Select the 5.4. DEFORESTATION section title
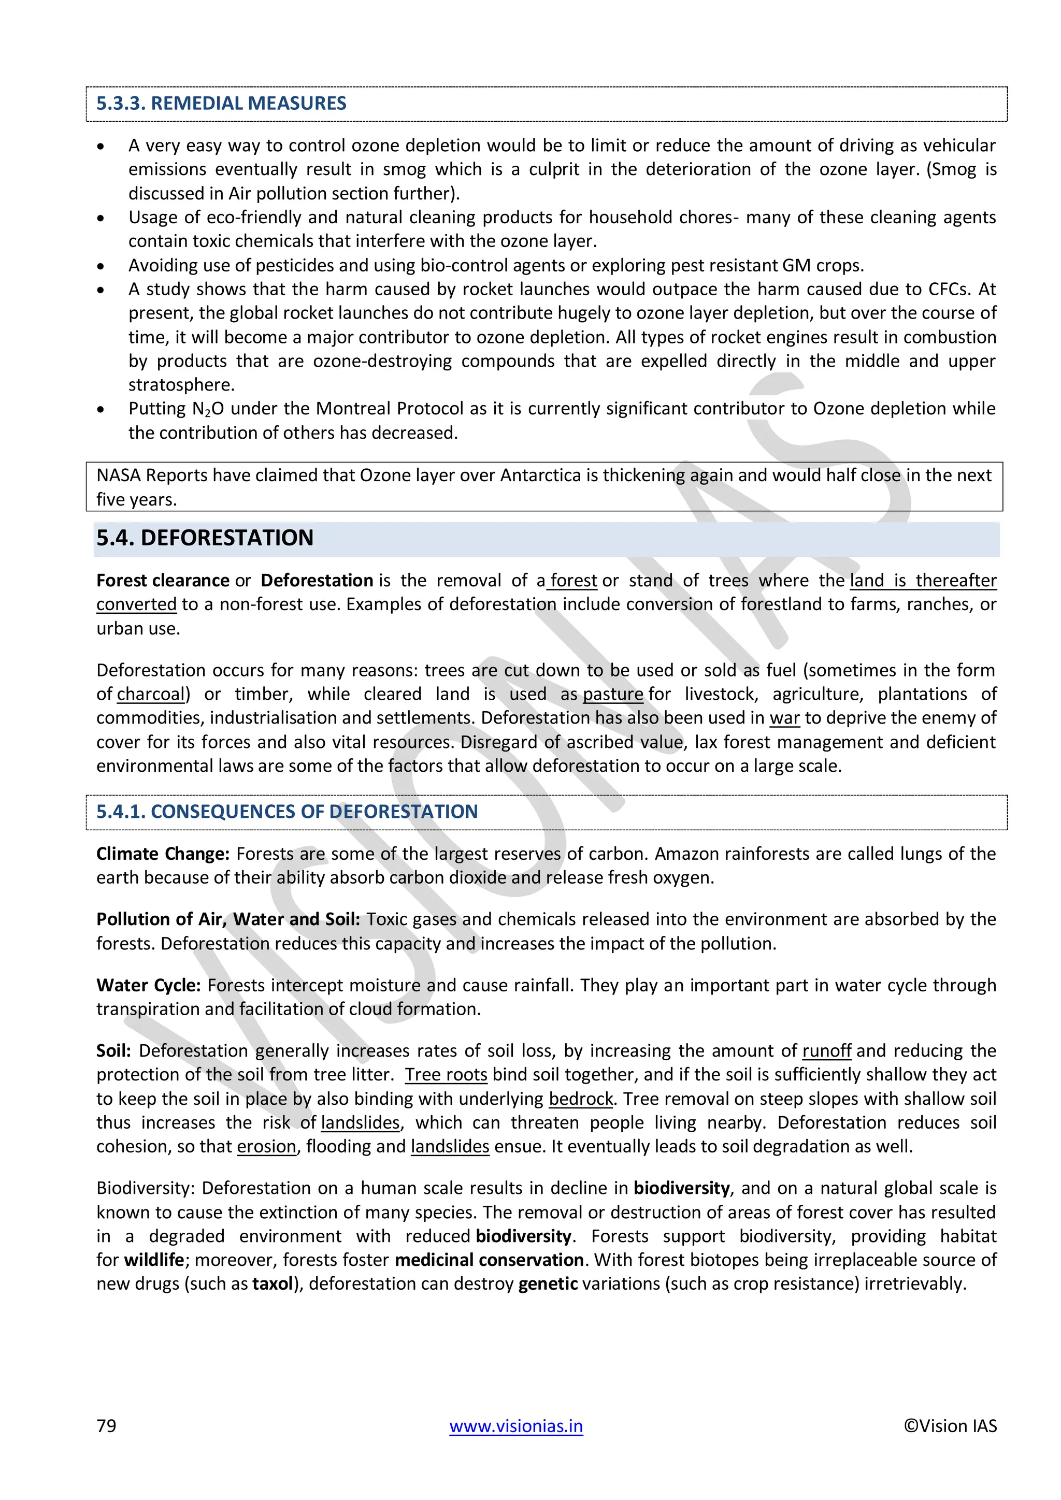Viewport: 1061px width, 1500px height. point(205,538)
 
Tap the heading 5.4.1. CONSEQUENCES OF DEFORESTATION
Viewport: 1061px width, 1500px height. point(287,812)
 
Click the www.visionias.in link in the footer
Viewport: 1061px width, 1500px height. point(515,1425)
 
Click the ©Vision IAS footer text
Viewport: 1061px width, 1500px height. point(950,1425)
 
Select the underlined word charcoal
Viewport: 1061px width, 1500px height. point(150,694)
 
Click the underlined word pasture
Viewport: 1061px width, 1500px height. point(613,694)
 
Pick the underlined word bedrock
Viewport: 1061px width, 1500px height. point(580,1099)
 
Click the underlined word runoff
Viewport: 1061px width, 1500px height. point(826,1050)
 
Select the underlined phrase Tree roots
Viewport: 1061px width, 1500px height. point(446,1075)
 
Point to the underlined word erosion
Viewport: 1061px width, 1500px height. point(267,1147)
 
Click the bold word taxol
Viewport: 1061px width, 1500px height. point(272,1284)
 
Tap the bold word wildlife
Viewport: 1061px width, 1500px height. point(153,1260)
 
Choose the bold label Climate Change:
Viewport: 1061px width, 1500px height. point(163,854)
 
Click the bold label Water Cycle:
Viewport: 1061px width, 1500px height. point(148,985)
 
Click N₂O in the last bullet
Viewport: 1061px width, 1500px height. point(208,409)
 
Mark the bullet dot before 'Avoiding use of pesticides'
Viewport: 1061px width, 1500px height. point(101,266)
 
